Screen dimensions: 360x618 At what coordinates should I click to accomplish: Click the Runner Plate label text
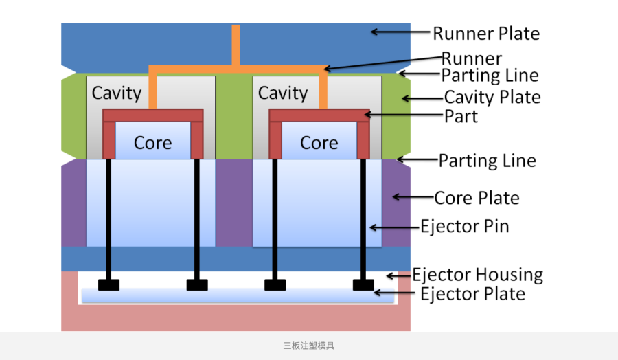[x=485, y=33]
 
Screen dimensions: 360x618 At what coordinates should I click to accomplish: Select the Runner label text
[x=471, y=58]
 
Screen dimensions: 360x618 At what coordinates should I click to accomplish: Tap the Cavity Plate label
[x=492, y=97]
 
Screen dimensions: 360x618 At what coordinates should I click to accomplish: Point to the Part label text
[x=461, y=116]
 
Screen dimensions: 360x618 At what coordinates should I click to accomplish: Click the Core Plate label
[x=477, y=198]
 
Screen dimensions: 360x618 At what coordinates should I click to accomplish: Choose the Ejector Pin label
[x=464, y=225]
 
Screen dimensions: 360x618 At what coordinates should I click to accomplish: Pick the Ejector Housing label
[x=477, y=275]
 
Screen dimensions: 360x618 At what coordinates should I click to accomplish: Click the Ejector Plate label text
[x=472, y=294]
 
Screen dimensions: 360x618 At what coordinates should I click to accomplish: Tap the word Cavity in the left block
[x=117, y=92]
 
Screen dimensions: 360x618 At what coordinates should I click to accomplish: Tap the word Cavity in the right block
[x=283, y=92]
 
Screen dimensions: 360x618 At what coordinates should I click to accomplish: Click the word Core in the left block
[x=152, y=143]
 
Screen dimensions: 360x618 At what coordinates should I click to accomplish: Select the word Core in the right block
[x=319, y=143]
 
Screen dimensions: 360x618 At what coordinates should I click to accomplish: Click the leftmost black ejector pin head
[x=108, y=284]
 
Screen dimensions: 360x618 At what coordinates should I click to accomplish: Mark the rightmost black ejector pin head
[x=363, y=284]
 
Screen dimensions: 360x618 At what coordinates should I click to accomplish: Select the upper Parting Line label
[x=490, y=75]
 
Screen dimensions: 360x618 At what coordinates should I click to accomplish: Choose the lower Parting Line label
[x=487, y=161]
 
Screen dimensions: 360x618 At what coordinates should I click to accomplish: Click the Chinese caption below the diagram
[x=309, y=346]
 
